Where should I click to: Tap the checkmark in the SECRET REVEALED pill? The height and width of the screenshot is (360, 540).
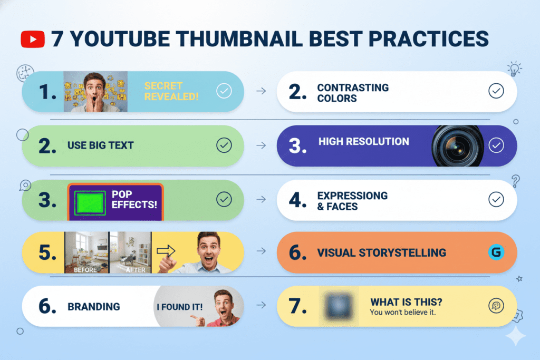click(224, 92)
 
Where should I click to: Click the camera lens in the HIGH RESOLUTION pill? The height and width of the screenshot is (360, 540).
click(457, 146)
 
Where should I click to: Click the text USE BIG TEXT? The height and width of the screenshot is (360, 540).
click(100, 146)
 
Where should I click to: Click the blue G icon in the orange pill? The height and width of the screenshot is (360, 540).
click(496, 252)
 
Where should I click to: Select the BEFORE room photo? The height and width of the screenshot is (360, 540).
click(86, 251)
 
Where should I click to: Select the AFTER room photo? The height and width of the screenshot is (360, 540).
click(130, 251)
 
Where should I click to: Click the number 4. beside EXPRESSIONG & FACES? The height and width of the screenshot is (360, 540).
click(297, 200)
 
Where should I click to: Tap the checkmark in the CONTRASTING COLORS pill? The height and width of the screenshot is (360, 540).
click(496, 91)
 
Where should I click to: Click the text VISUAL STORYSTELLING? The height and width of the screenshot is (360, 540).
click(381, 252)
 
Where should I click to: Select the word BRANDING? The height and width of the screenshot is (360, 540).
click(93, 306)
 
